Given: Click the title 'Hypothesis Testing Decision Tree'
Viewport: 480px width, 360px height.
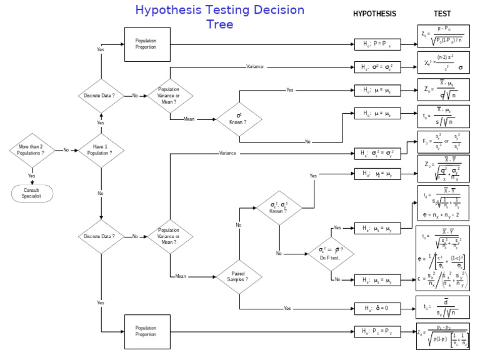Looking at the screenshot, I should coord(220,17).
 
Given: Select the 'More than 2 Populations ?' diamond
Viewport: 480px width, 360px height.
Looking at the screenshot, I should coord(31,150).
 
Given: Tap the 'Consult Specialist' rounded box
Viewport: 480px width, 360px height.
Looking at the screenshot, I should coord(31,193).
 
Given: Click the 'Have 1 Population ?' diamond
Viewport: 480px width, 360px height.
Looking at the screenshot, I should coord(101,150).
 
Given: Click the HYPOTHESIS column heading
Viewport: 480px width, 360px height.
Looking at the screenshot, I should coord(374,14).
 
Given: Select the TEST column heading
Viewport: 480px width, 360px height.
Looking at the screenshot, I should coord(442,14).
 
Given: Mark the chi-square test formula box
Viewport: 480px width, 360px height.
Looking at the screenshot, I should coord(442,64).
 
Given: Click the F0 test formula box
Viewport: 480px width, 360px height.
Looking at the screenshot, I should coord(442,142).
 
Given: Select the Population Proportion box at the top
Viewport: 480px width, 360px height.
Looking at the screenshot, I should coord(147,44).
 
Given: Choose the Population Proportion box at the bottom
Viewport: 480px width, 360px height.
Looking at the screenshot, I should coord(147,331).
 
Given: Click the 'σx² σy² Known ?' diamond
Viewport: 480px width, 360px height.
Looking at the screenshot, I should coord(279,207).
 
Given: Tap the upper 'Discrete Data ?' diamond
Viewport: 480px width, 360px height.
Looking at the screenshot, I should coord(101,96).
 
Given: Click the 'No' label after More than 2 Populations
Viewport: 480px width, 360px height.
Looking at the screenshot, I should coord(65,150).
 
